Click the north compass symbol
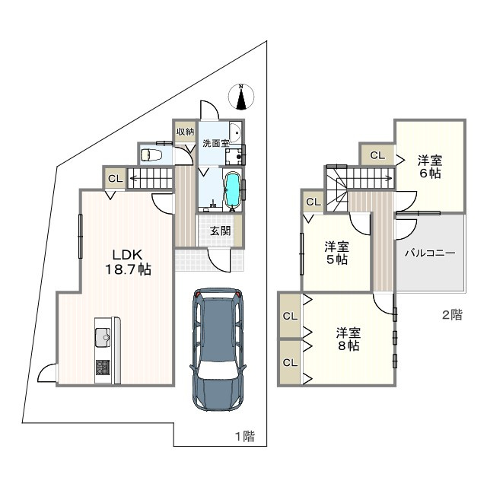pyautogui.click(x=241, y=97)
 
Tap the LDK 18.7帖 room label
pyautogui.click(x=128, y=262)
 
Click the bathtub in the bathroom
pyautogui.click(x=232, y=189)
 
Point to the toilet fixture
pyautogui.click(x=151, y=154)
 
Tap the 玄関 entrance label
pyautogui.click(x=220, y=231)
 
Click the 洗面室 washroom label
pyautogui.click(x=216, y=144)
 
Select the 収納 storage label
pyautogui.click(x=186, y=132)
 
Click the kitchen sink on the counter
pyautogui.click(x=103, y=337)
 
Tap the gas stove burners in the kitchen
pyautogui.click(x=103, y=367)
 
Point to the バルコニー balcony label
pyautogui.click(x=430, y=253)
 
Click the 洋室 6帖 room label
pyautogui.click(x=430, y=167)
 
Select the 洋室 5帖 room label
pyautogui.click(x=336, y=253)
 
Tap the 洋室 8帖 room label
pyautogui.click(x=349, y=339)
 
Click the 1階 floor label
pyautogui.click(x=245, y=436)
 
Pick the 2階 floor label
pyautogui.click(x=452, y=315)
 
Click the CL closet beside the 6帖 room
pyautogui.click(x=377, y=155)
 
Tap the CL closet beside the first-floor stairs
pyautogui.click(x=115, y=179)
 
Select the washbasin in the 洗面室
pyautogui.click(x=235, y=132)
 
